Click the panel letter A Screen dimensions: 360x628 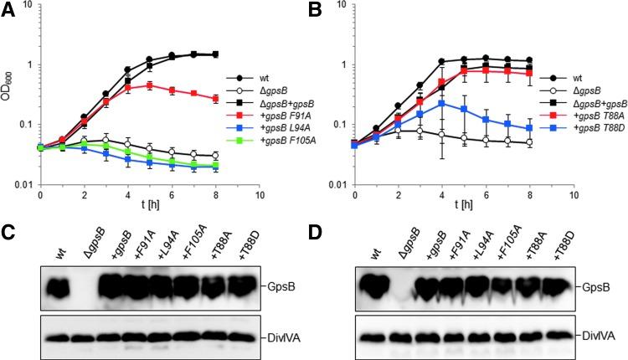coord(8,10)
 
